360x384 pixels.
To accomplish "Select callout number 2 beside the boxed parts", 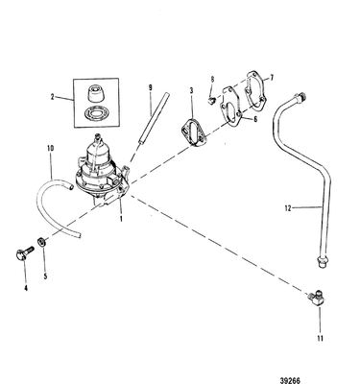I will pos(54,98).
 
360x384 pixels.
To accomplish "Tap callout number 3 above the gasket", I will pos(191,90).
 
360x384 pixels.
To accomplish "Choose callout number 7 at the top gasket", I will pos(272,74).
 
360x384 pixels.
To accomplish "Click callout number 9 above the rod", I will pos(150,88).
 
